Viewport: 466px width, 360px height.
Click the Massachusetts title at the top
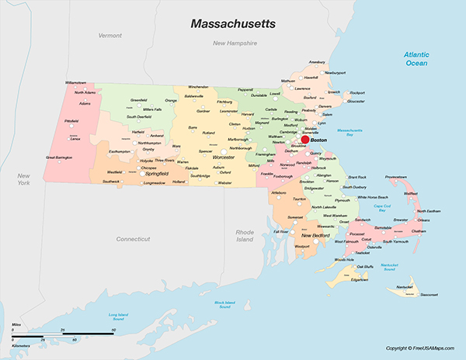[233, 24]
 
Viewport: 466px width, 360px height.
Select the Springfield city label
[157, 174]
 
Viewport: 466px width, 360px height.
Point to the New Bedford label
[317, 235]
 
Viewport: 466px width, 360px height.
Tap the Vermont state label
[110, 36]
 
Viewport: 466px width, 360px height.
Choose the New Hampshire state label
[235, 43]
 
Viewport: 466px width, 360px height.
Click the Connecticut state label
[133, 239]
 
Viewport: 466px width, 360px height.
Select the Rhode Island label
[245, 236]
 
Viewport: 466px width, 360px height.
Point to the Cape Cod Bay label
[381, 206]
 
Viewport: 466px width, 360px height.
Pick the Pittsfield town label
[71, 121]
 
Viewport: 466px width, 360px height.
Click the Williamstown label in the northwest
[75, 81]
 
